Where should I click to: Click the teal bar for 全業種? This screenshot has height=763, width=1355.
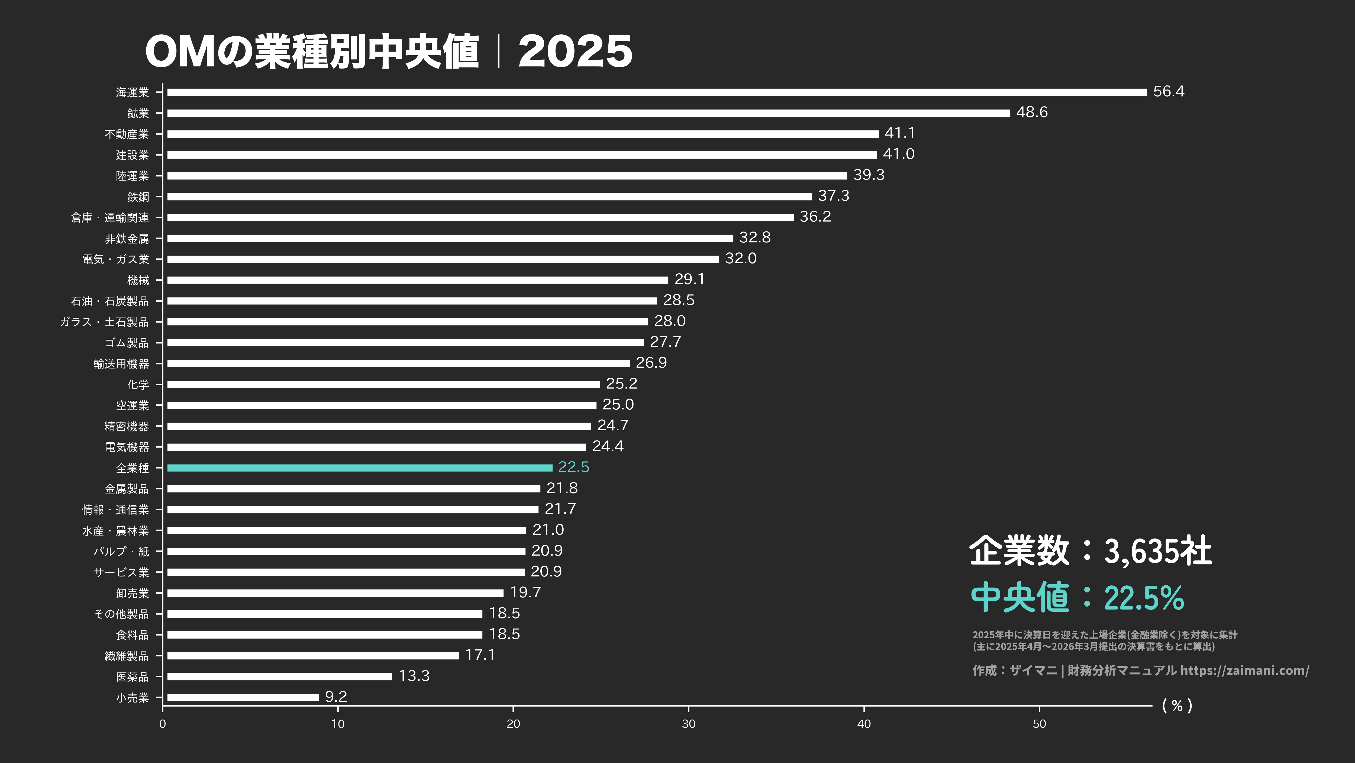coord(360,468)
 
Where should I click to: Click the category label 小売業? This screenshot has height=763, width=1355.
coord(133,698)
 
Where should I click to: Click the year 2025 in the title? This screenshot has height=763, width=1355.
coord(575,52)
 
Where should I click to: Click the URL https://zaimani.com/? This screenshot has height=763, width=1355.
coord(1244,670)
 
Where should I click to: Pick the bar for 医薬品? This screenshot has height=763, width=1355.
coord(280,677)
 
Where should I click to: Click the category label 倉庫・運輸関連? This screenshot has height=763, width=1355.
coord(110,218)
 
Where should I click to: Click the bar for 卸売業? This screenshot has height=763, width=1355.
coord(335,593)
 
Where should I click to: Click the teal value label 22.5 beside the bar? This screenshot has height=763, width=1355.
coord(573,467)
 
